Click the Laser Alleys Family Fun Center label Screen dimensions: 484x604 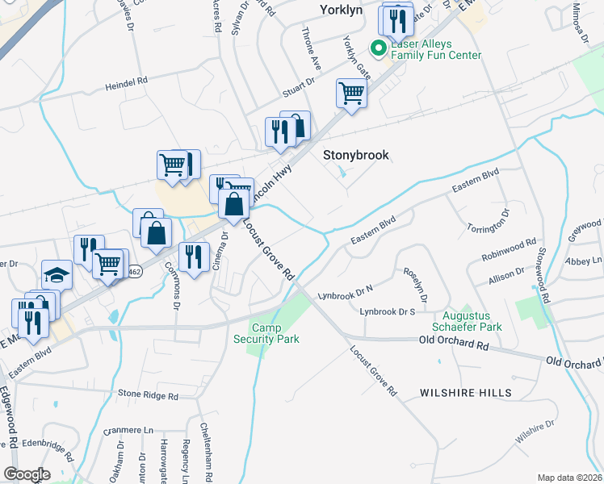[x=436, y=50]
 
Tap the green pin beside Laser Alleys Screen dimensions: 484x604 [x=376, y=49]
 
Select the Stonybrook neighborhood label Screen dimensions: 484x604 [x=356, y=155]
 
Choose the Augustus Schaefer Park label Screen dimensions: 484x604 [x=472, y=321]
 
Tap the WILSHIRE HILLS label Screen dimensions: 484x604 [x=465, y=393]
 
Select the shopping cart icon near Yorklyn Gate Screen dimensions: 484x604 [x=352, y=93]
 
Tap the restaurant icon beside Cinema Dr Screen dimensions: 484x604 [x=194, y=257]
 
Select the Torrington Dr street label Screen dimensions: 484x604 [x=490, y=222]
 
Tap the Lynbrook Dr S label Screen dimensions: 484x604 [x=388, y=311]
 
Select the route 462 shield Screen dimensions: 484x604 [x=134, y=270]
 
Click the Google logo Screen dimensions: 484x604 [x=27, y=474]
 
